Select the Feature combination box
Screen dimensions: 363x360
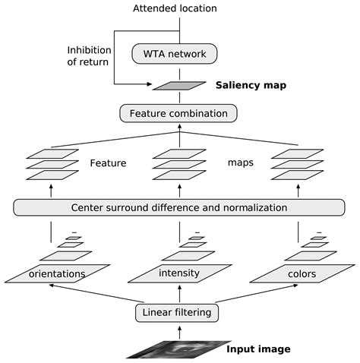tap(178, 114)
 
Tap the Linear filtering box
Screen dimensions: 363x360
tap(178, 312)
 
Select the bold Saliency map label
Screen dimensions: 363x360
tap(251, 86)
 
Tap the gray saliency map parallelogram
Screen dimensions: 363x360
tap(178, 86)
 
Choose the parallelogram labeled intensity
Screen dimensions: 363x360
tap(178, 272)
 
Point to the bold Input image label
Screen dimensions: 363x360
tap(258, 349)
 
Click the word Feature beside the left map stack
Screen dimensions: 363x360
tap(108, 163)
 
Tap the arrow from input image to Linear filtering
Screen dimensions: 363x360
tap(179, 330)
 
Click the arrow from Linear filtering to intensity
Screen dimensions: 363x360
tap(179, 293)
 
